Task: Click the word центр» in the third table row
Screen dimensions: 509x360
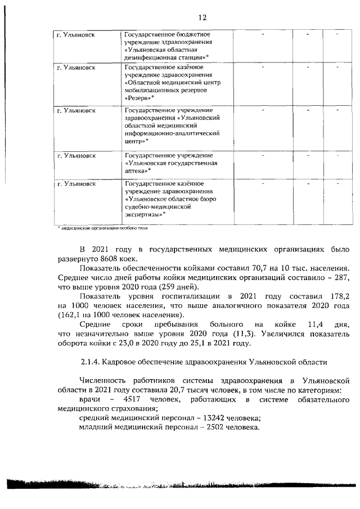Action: click(x=135, y=141)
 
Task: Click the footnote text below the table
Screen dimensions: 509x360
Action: click(x=103, y=228)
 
